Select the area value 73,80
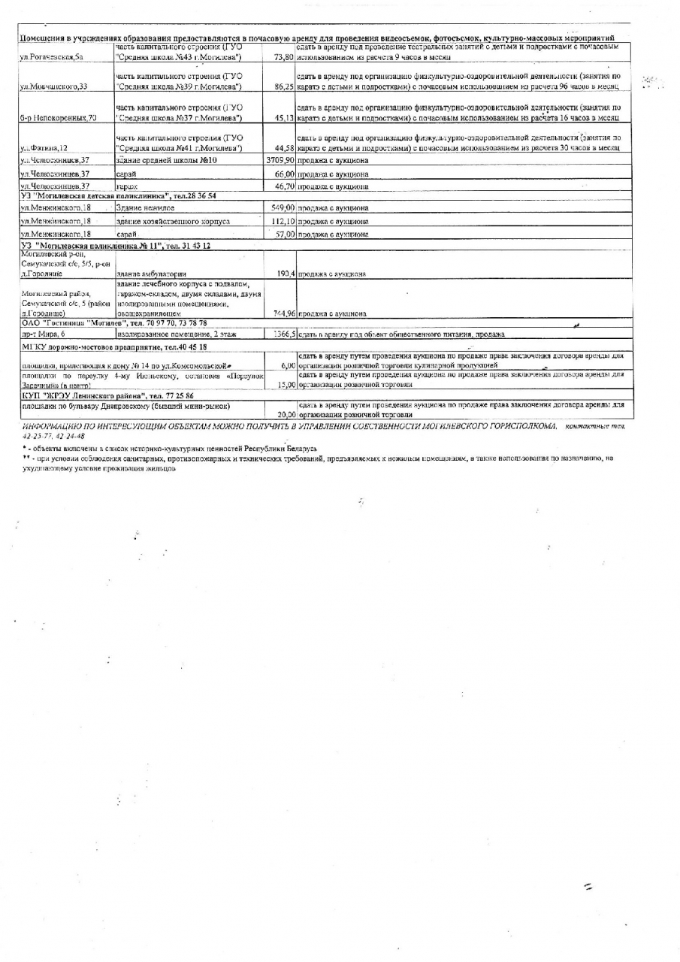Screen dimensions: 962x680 pyautogui.click(x=284, y=57)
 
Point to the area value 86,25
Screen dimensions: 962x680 pyautogui.click(x=284, y=87)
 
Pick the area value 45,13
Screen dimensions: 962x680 pyautogui.click(x=284, y=118)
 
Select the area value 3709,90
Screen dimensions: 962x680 pyautogui.click(x=280, y=162)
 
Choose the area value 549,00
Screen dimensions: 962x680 pyautogui.click(x=283, y=208)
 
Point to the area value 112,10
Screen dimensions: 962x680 pyautogui.click(x=283, y=221)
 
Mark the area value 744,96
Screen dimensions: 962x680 pyautogui.click(x=283, y=313)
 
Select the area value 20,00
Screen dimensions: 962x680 pyautogui.click(x=284, y=414)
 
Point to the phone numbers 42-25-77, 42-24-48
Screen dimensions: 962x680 pyautogui.click(x=53, y=435)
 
